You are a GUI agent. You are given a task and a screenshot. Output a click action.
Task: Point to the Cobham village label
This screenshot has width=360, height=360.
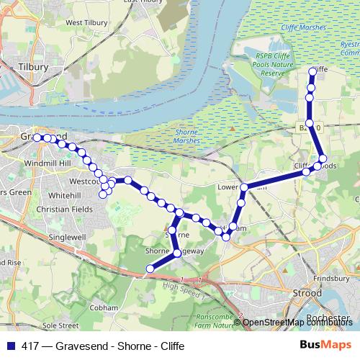104,307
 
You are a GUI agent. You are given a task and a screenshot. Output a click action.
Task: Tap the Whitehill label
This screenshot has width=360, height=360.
65,195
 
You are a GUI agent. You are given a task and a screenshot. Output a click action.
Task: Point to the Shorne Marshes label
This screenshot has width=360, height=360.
192,137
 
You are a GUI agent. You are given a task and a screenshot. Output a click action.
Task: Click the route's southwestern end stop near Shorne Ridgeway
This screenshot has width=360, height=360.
150,269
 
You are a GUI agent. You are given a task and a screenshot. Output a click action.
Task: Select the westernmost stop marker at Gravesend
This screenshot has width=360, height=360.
37,137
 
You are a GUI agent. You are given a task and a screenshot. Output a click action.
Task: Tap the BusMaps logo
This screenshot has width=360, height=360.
324,345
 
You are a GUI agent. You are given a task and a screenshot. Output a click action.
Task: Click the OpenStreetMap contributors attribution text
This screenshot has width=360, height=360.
297,323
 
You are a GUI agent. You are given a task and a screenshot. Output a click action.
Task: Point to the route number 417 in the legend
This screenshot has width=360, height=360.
30,346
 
